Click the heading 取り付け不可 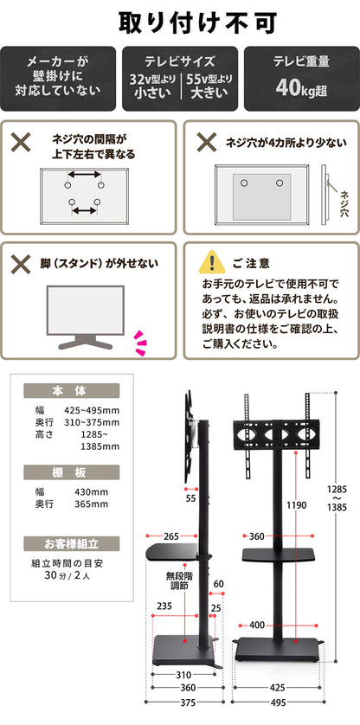180,20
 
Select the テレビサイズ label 179,62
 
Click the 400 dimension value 257,625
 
